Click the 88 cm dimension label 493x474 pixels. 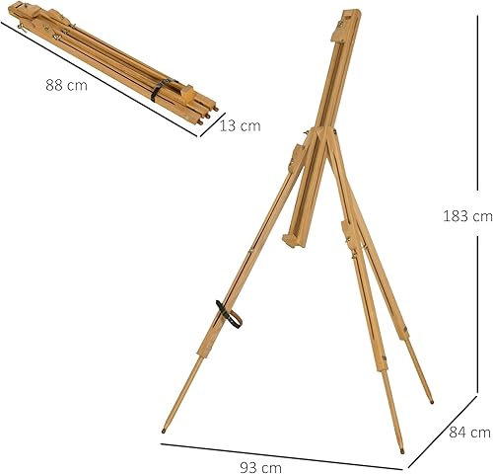tap(66, 85)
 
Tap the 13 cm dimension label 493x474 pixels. tap(240, 125)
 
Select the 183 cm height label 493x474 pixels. tap(467, 216)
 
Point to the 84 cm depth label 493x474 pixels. tap(469, 433)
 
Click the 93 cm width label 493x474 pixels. tap(260, 467)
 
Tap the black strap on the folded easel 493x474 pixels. tap(161, 89)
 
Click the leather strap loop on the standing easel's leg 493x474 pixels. tap(229, 314)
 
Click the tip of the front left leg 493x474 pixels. tap(164, 432)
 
